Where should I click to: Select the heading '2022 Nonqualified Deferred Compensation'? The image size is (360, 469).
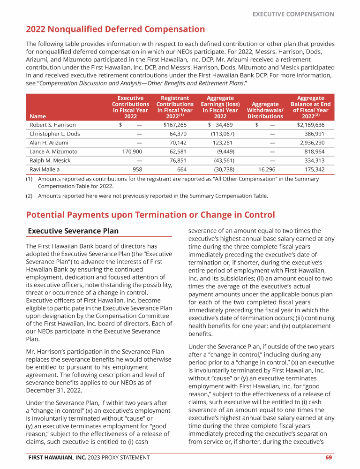(115, 30)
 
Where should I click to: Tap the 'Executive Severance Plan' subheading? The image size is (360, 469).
(74, 231)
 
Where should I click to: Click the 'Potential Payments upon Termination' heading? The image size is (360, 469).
(150, 215)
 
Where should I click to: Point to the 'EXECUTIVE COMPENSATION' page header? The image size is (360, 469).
(293, 14)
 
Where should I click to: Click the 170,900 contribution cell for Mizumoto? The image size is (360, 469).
(132, 151)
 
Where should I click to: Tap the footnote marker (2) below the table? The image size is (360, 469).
(29, 196)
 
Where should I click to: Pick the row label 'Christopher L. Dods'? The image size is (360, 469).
(55, 134)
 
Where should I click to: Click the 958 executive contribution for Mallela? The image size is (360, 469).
(137, 169)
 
